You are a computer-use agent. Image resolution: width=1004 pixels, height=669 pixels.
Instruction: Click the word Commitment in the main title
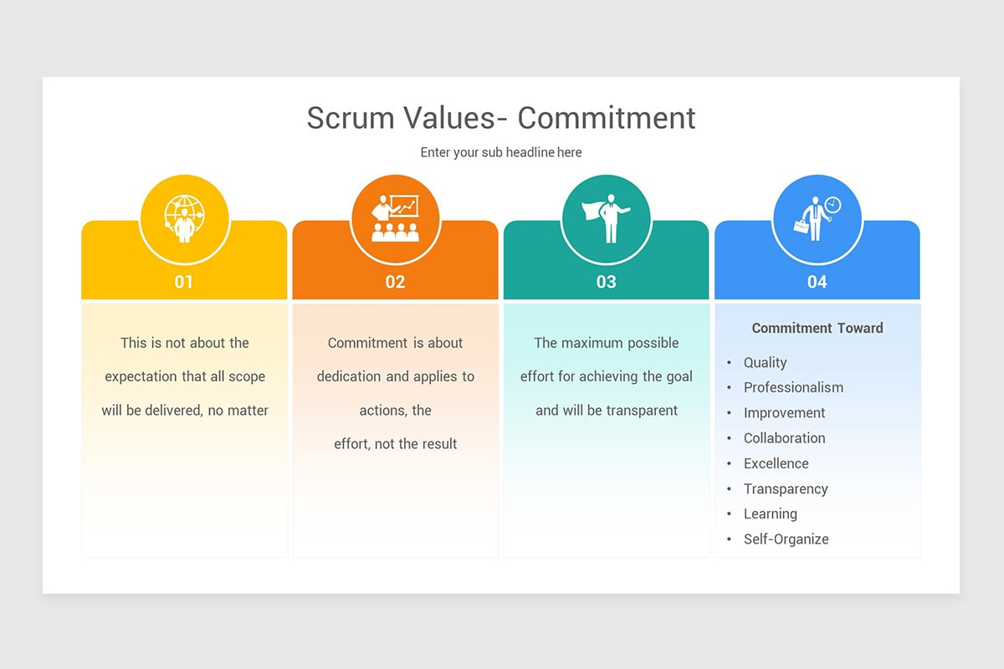[606, 118]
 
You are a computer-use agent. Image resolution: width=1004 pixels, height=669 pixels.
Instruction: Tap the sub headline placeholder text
[501, 152]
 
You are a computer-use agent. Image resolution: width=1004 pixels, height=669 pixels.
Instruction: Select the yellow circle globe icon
[184, 218]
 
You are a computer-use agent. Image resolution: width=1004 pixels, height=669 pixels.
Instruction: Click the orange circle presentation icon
[395, 218]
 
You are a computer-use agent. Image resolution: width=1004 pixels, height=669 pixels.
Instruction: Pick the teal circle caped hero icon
[606, 218]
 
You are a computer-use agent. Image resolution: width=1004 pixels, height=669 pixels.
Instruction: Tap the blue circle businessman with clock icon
[817, 218]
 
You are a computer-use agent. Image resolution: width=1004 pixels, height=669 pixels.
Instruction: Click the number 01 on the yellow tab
[184, 282]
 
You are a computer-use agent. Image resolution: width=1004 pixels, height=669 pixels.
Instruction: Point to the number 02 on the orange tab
[395, 282]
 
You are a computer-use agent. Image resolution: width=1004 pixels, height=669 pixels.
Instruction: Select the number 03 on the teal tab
[606, 282]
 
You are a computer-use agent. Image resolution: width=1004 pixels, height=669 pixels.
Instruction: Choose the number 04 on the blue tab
[817, 282]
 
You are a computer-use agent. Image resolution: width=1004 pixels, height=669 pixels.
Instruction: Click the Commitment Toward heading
[817, 328]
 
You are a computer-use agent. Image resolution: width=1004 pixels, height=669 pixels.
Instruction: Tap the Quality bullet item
[765, 362]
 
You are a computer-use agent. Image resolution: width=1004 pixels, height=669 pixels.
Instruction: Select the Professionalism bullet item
[793, 387]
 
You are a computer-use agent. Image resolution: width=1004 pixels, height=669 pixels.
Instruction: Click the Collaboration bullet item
[784, 438]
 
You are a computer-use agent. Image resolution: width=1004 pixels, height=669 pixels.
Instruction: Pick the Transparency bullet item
[786, 488]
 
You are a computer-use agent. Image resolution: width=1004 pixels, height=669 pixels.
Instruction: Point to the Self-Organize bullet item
[786, 539]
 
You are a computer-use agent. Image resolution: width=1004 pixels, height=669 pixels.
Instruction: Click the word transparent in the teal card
[638, 411]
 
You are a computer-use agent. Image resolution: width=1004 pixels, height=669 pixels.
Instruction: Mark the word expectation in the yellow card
[141, 376]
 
